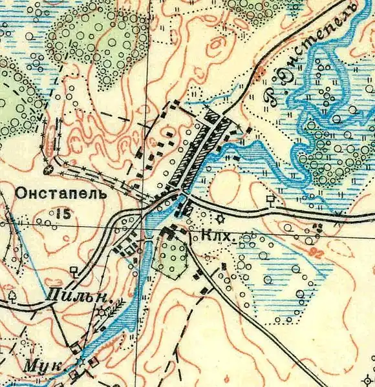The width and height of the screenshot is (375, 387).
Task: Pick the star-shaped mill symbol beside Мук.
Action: (x=80, y=361)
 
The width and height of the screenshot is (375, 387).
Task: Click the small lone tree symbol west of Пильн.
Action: (x=12, y=296)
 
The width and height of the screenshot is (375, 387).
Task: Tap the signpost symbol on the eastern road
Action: (x=270, y=200)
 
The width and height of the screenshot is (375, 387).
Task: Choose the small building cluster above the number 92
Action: (x=317, y=228)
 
